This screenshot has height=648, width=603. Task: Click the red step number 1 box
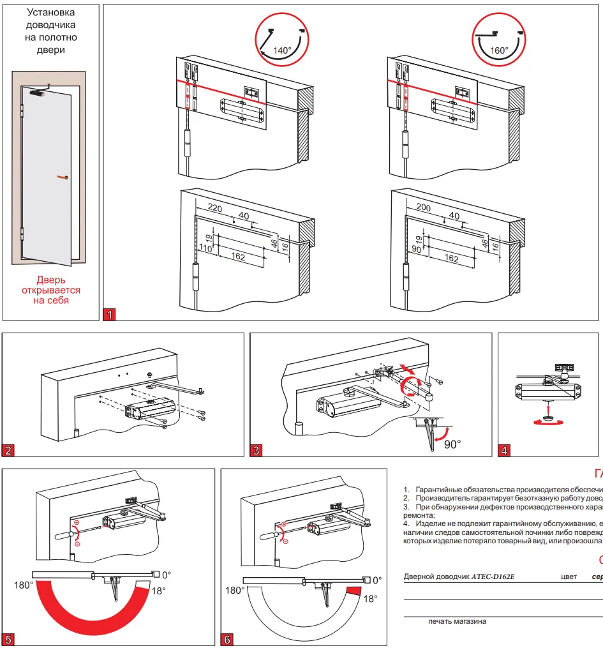click(110, 314)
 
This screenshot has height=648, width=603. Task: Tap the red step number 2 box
click(9, 450)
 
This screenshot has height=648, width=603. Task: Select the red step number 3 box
click(257, 450)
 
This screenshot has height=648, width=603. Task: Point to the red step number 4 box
click(504, 450)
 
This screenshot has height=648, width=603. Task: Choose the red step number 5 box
click(9, 639)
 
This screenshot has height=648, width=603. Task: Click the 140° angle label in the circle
click(282, 50)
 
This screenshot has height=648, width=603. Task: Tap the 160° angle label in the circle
click(498, 50)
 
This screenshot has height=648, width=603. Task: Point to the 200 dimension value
click(424, 207)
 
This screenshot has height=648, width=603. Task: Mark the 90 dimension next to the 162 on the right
click(417, 248)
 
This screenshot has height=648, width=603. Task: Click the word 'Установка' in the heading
click(50, 13)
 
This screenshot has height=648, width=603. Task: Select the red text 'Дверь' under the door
click(50, 280)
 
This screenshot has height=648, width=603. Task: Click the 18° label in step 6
click(370, 598)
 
